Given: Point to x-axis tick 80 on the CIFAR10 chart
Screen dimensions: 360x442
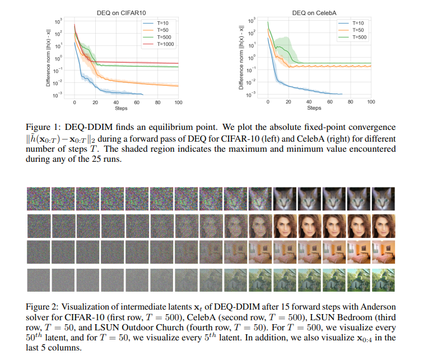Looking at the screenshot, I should click(157, 102).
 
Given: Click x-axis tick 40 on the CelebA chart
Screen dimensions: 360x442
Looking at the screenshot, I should click(309, 102).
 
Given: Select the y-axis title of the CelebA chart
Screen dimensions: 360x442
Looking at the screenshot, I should click(241, 58).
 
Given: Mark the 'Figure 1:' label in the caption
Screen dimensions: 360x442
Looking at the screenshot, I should click(41, 127).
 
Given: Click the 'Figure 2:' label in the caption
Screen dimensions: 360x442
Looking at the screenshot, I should click(41, 306).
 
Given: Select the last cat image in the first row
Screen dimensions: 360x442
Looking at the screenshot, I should click(383, 199).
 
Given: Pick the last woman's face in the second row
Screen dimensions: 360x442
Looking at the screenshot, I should click(383, 226).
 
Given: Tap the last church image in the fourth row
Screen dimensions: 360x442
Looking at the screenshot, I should click(383, 279).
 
